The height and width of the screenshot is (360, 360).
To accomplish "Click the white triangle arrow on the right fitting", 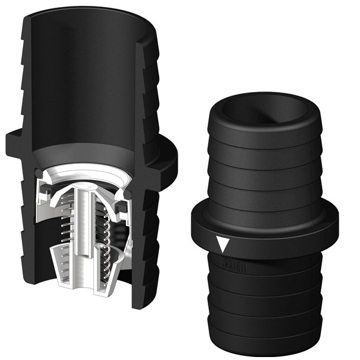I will click(x=222, y=244).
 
